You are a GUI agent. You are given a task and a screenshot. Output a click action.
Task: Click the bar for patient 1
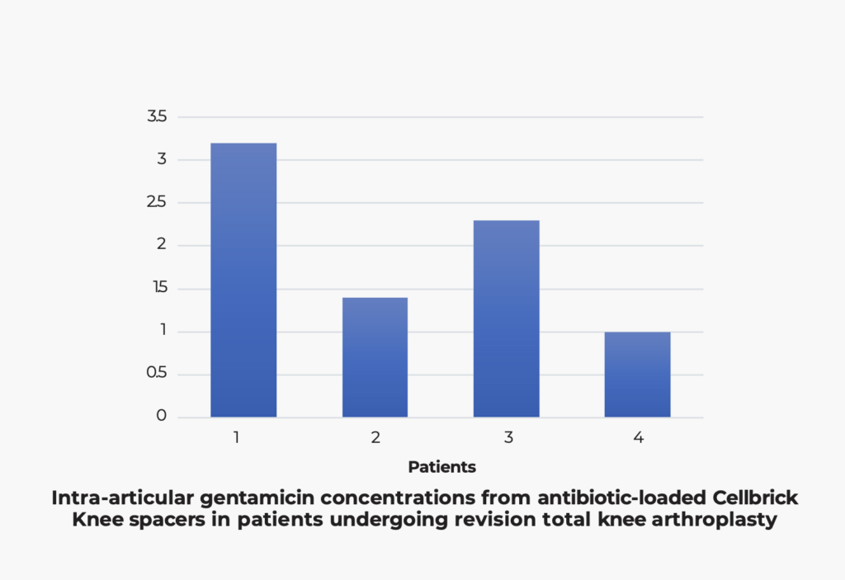click(243, 281)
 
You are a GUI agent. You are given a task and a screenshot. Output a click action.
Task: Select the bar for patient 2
click(375, 357)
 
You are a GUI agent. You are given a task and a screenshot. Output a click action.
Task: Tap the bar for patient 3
click(506, 318)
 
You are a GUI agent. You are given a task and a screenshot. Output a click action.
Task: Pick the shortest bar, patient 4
click(637, 375)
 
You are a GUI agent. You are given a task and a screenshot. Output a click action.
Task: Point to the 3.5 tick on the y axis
click(157, 117)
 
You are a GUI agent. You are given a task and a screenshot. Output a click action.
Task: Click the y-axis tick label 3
click(162, 159)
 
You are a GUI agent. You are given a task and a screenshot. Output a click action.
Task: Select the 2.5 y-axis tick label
click(157, 203)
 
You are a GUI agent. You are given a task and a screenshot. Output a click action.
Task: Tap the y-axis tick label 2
click(162, 245)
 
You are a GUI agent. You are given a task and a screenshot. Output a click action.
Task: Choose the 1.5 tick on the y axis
click(158, 289)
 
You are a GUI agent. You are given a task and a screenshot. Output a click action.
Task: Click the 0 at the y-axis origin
click(162, 417)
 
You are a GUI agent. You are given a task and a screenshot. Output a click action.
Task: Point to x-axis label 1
click(236, 437)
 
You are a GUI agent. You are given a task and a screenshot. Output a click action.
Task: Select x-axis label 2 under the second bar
click(375, 437)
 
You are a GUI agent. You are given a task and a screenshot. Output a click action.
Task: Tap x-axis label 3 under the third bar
click(507, 437)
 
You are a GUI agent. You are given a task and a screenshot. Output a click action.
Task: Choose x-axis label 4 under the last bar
click(638, 437)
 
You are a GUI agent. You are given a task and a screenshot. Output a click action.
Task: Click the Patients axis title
click(441, 467)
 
